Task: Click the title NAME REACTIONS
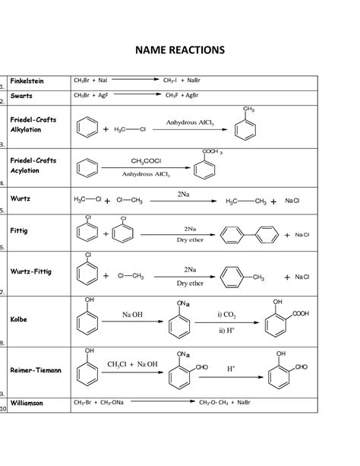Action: tap(180, 50)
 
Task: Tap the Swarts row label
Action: tap(21, 97)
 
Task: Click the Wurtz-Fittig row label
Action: tap(31, 271)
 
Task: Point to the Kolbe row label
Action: tap(19, 319)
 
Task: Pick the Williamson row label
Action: tap(29, 403)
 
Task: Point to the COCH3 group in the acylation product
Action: tap(212, 153)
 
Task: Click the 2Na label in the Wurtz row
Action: tap(183, 195)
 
